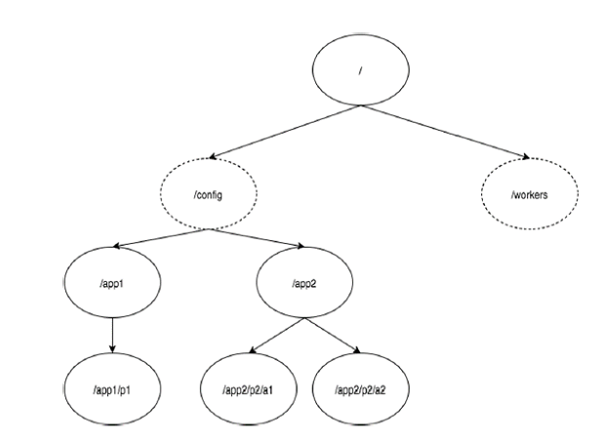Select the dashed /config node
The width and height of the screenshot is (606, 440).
coord(209,195)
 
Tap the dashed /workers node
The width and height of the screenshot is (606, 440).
coord(529,195)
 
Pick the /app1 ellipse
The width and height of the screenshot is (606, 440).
coord(113,283)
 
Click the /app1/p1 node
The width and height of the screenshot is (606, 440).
coord(113,389)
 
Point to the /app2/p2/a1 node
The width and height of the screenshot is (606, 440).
coord(251,389)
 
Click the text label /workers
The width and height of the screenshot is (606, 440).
coord(529,195)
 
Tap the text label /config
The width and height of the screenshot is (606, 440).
coord(209,195)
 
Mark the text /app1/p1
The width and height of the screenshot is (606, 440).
coord(113,389)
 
